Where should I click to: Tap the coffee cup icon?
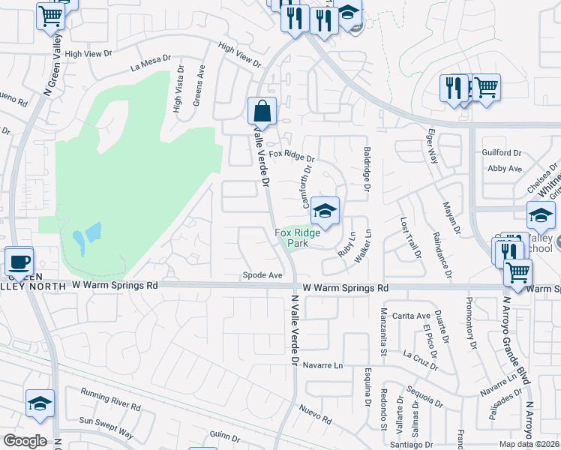19,262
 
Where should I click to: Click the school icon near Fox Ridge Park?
325,210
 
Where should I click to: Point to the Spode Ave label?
262,275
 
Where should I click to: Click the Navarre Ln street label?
323,366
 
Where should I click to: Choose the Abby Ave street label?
504,169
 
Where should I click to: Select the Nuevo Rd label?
315,413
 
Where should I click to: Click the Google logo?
25,441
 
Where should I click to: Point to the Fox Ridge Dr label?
292,158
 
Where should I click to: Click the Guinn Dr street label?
225,436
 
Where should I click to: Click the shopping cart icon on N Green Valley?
50,15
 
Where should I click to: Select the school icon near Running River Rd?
40,403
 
